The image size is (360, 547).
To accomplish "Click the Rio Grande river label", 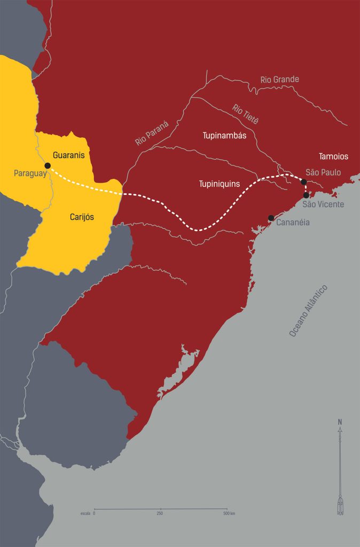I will [279, 80].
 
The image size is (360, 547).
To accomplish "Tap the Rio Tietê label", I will [245, 114].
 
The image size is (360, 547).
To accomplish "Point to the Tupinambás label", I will [224, 136].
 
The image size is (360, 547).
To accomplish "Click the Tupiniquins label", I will [219, 184].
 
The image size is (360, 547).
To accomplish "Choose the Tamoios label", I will [333, 157].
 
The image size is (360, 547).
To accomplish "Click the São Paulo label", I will [323, 173].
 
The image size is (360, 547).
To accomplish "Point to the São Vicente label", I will [323, 204].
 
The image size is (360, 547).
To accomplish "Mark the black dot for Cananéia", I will [271, 218].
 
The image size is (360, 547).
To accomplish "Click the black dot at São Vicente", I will [306, 195].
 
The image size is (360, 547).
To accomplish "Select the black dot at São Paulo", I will [303, 182].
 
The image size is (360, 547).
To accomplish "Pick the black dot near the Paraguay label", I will [48, 166].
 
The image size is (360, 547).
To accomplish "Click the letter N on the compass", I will [340, 422].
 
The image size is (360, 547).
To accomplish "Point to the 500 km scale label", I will [229, 513].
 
